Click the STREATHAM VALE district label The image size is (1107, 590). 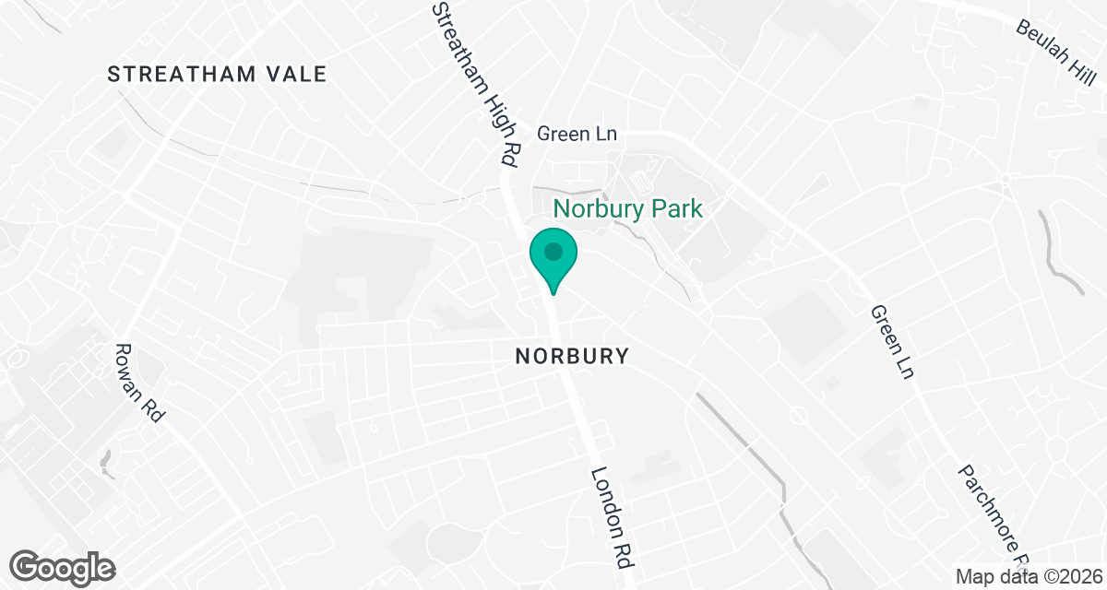pos(217,75)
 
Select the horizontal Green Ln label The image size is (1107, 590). pos(576,134)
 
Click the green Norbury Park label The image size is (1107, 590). pos(627,208)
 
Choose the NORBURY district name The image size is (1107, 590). pos(572,356)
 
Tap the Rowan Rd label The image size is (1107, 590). pos(138,383)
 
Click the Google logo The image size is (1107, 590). pos(63,567)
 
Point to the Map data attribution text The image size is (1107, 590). pos(1028,576)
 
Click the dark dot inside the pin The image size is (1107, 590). pos(553,251)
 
